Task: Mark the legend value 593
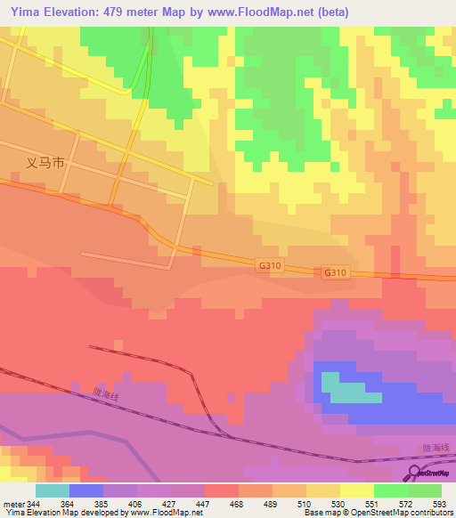pyautogui.click(x=440, y=503)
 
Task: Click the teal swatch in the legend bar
pyautogui.click(x=53, y=490)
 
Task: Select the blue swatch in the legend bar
pyautogui.click(x=86, y=490)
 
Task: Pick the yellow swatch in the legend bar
pyautogui.click(x=357, y=490)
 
